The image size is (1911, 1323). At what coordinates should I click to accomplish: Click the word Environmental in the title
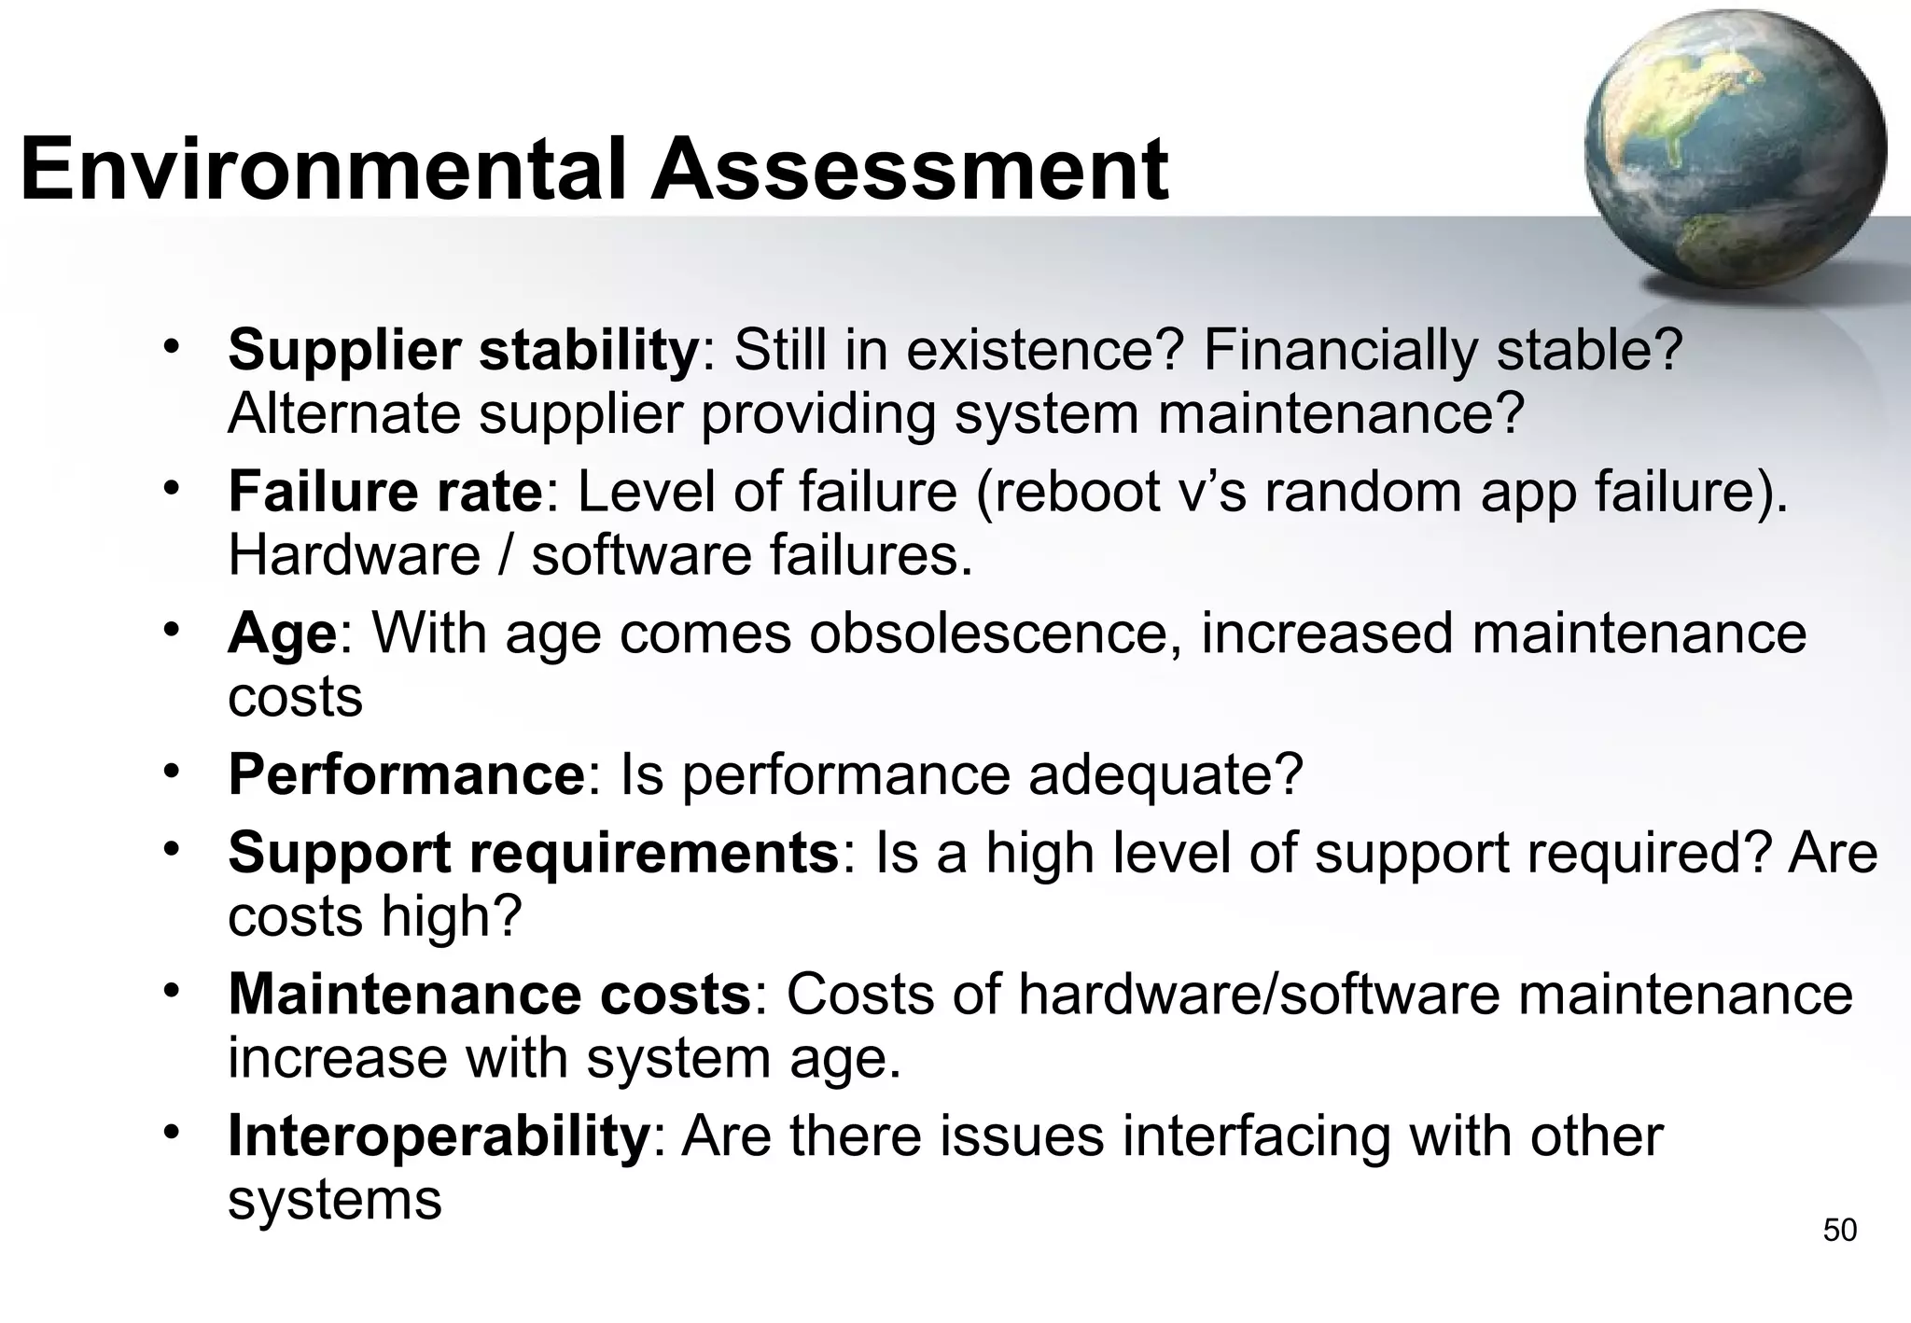point(322,170)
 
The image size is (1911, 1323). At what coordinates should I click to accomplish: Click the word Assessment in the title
point(909,170)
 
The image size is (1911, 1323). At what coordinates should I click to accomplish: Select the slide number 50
point(1840,1231)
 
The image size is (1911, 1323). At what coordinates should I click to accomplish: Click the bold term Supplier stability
point(463,350)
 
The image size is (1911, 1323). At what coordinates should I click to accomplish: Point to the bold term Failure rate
point(384,492)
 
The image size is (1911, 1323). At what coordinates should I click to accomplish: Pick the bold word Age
point(282,634)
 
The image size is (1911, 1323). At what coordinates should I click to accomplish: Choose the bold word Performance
point(407,774)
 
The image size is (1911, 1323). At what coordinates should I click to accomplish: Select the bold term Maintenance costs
point(490,995)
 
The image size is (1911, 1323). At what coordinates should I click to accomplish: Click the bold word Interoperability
point(439,1136)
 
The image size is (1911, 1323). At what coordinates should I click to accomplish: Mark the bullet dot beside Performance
point(171,771)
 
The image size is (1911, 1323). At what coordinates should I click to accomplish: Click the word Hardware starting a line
point(354,555)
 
